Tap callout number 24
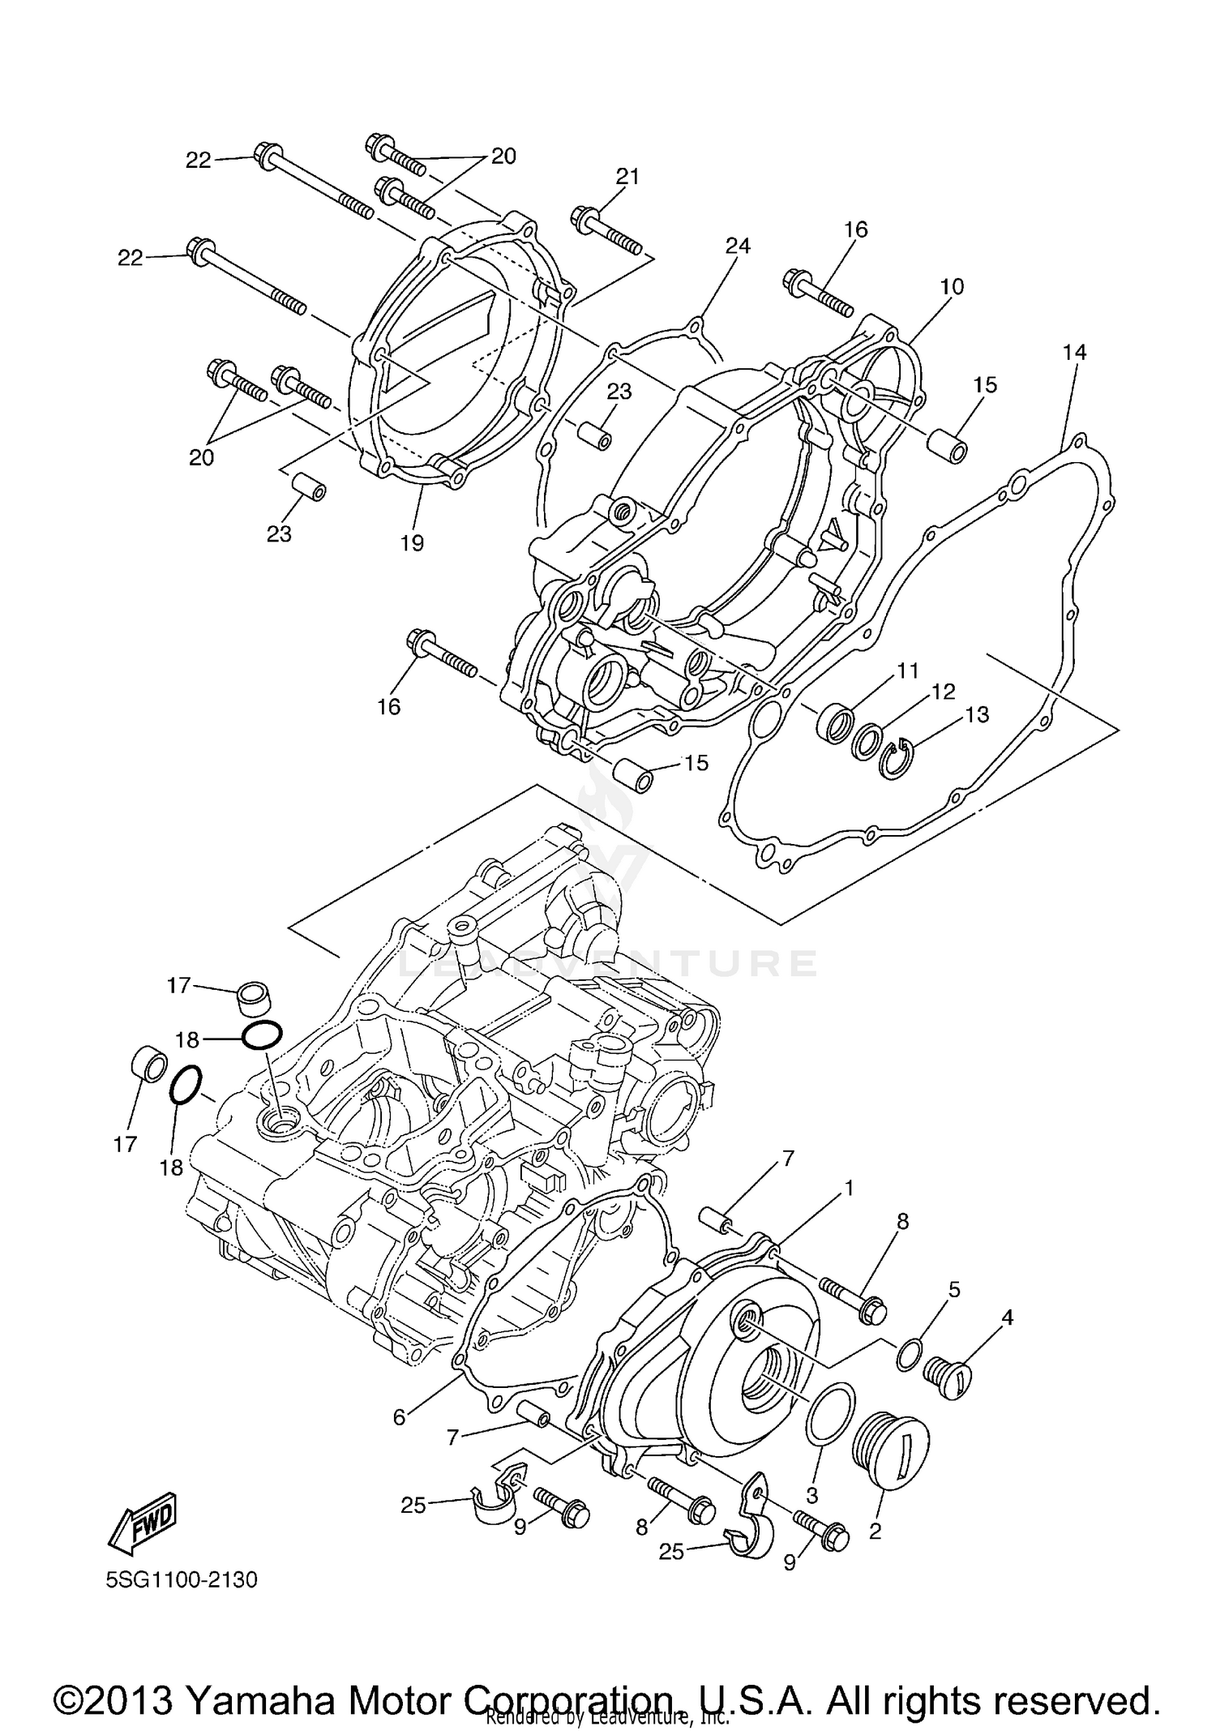(x=738, y=246)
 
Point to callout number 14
(x=1074, y=352)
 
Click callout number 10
(x=952, y=286)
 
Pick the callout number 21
(x=627, y=176)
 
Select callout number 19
(x=412, y=542)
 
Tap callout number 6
(x=399, y=1416)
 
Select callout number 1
(x=849, y=1189)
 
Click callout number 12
(x=944, y=692)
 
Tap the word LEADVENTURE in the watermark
(x=608, y=963)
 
